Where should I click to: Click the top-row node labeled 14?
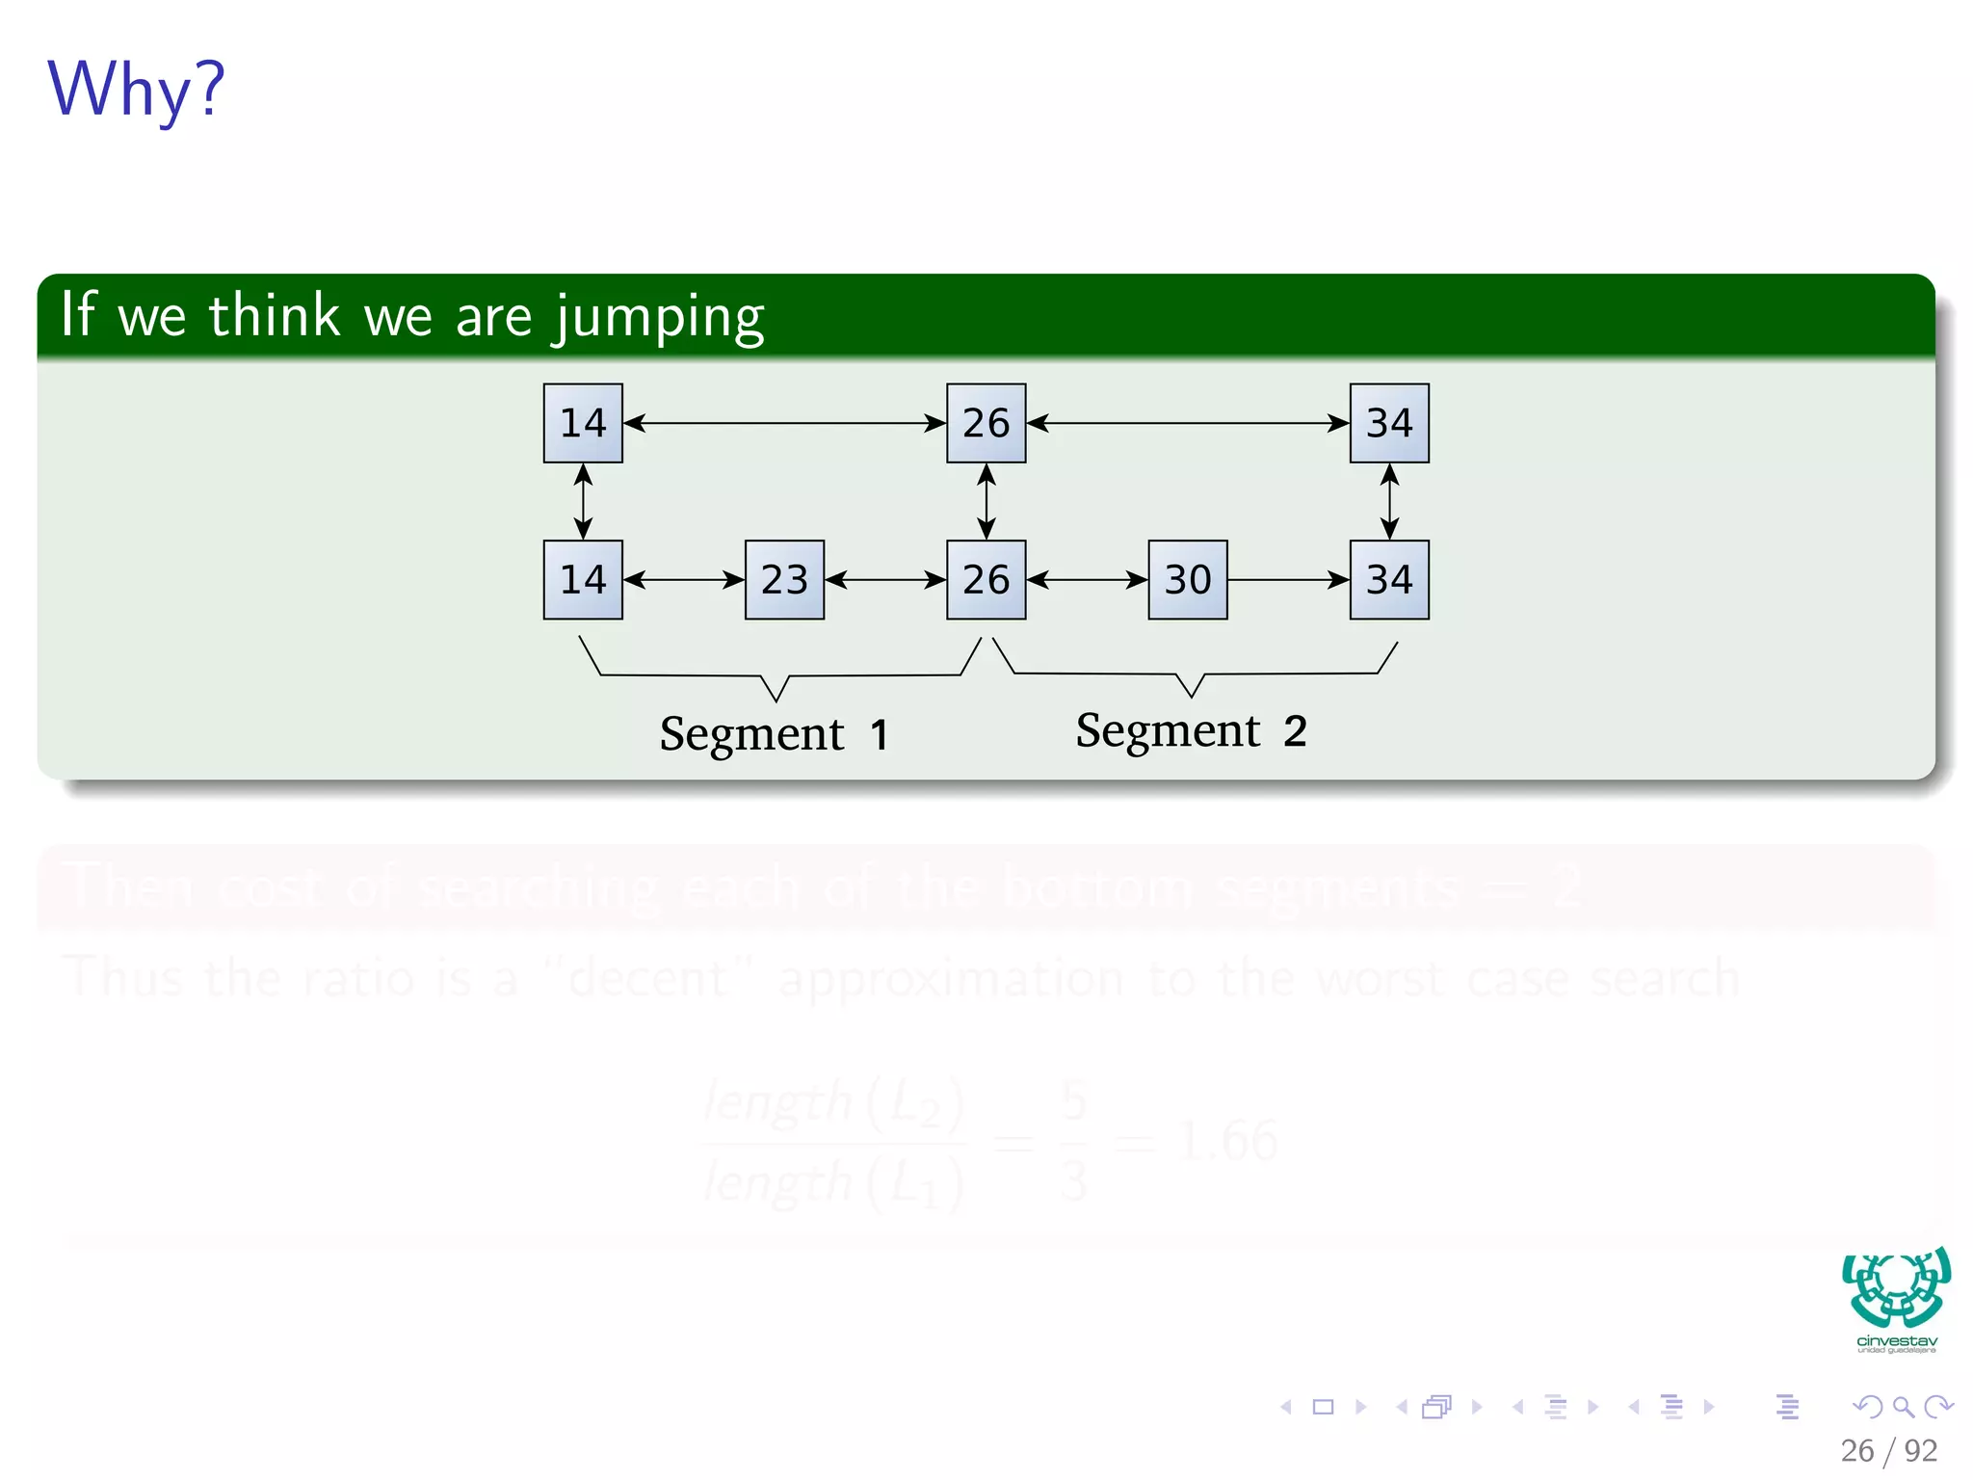[583, 423]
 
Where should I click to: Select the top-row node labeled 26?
[986, 423]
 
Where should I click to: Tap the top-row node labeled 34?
[1388, 423]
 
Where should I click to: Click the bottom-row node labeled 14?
[583, 580]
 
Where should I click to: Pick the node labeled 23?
[784, 580]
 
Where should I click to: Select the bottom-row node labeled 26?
[986, 580]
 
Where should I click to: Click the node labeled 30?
[1187, 580]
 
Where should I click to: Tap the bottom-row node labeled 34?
[1388, 580]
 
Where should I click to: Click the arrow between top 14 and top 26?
[784, 423]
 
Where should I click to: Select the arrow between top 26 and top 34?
[1187, 423]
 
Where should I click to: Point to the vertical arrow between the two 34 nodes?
[1388, 501]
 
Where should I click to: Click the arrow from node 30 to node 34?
[1288, 580]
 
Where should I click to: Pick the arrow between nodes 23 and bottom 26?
[885, 580]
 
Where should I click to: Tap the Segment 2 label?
[1191, 730]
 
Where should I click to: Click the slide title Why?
[136, 90]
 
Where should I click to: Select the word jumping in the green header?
[660, 318]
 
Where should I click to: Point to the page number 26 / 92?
[1887, 1450]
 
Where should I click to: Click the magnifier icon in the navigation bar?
[1903, 1407]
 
